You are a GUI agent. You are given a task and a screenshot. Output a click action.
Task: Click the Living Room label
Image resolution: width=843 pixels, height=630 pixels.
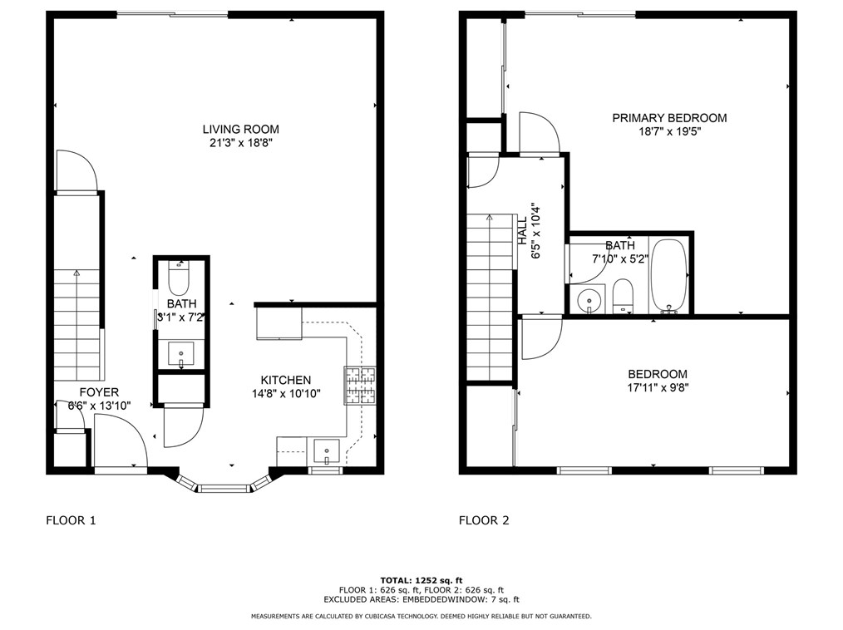[x=240, y=129]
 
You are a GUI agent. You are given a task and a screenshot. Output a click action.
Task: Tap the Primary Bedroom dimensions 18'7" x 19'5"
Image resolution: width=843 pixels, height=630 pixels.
[x=669, y=131]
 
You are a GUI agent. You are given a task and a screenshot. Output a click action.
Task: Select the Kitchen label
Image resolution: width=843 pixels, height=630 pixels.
[x=286, y=380]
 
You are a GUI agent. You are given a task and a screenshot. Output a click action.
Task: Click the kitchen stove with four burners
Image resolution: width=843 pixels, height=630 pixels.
[x=360, y=385]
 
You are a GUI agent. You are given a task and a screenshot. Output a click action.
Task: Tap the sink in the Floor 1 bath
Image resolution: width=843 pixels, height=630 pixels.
[x=180, y=354]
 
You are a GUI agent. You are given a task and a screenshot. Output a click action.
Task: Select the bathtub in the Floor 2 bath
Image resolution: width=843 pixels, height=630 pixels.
[x=668, y=275]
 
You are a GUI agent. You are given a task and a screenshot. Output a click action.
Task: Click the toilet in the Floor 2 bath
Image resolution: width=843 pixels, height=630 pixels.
[x=624, y=296]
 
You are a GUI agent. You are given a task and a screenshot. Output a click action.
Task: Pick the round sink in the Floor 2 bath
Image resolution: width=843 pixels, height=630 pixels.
[x=589, y=298]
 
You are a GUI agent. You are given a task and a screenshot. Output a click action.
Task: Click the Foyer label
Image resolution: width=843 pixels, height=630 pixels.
[x=99, y=392]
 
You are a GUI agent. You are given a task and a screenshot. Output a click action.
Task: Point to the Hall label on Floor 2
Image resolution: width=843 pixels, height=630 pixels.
[x=523, y=225]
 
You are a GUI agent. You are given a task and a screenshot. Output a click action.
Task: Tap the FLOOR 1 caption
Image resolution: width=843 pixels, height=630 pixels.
[x=71, y=520]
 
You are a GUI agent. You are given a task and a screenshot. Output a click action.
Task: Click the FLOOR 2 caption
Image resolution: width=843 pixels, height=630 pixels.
[x=484, y=520]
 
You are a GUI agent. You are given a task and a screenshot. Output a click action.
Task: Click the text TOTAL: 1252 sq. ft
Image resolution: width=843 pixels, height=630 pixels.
[x=421, y=579]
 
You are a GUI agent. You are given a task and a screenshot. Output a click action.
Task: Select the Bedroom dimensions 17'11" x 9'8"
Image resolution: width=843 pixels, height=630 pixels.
[x=657, y=387]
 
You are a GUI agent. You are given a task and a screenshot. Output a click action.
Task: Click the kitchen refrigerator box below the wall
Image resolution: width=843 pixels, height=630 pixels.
[x=279, y=323]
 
